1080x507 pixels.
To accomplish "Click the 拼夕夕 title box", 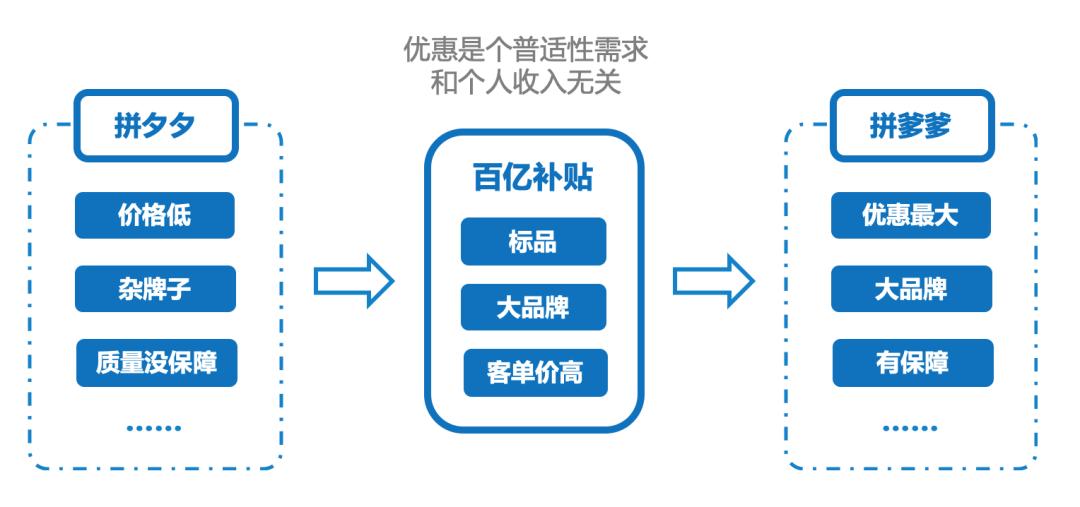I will (154, 127).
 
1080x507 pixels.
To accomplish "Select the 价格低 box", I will (154, 215).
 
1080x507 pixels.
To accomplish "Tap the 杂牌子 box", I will (154, 289).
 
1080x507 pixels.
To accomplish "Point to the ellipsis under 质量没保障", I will (154, 428).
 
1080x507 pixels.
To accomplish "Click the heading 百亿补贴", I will (532, 178).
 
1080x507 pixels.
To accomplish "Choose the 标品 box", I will (532, 241).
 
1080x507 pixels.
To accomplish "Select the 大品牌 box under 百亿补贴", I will (532, 306).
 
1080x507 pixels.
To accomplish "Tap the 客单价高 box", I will (532, 372).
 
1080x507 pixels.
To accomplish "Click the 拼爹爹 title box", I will (910, 127).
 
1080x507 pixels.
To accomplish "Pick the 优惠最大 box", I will (911, 215).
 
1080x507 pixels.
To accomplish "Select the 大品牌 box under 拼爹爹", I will (911, 289).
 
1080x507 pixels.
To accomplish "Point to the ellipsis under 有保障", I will (911, 428).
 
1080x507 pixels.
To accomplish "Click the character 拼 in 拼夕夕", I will (127, 127).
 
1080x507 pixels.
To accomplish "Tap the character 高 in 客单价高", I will (570, 372).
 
